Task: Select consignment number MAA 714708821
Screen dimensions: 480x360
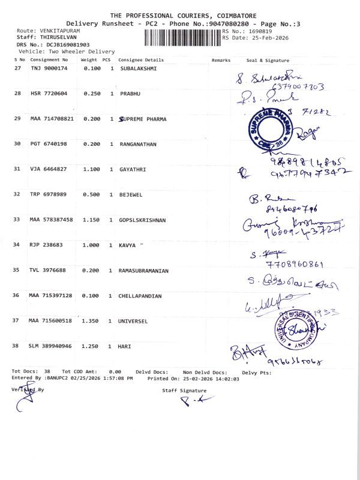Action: pos(52,119)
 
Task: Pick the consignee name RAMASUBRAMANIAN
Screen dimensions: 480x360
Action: pos(145,271)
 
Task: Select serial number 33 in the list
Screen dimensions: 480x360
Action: pos(17,220)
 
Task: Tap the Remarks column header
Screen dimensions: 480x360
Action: pos(221,60)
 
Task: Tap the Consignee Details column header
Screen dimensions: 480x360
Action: pos(141,60)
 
